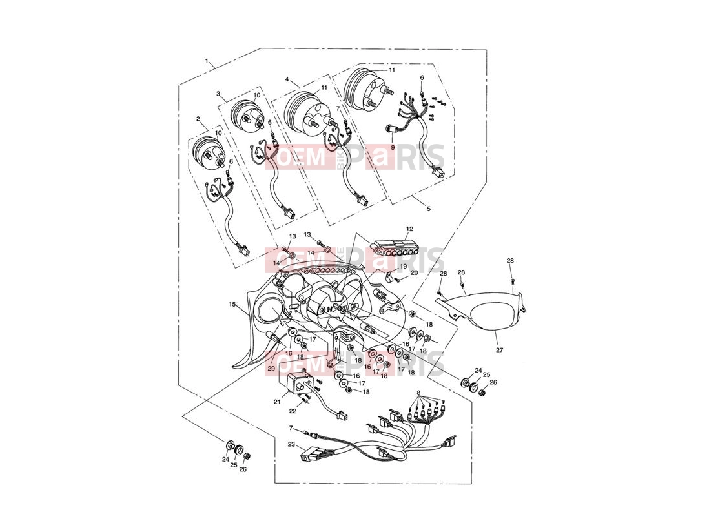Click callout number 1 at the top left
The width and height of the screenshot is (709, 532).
pos(207,60)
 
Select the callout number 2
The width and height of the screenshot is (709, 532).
pos(198,118)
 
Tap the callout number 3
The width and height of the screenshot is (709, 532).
pos(218,94)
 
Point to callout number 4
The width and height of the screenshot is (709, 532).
pos(287,79)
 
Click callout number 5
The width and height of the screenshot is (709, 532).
pos(429,209)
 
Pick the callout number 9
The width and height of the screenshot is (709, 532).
pos(393,147)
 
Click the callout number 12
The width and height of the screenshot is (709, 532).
pos(409,229)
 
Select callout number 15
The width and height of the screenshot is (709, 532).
pos(232,305)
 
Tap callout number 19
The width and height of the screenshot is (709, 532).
pos(404,266)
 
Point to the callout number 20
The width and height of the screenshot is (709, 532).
pos(414,273)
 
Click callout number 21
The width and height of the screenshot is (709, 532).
pos(277,401)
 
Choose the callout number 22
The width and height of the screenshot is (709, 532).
pos(293,411)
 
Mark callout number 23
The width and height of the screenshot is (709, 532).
pos(291,444)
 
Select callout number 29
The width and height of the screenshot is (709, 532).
pos(271,369)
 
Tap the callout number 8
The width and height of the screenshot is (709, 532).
pos(418,393)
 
